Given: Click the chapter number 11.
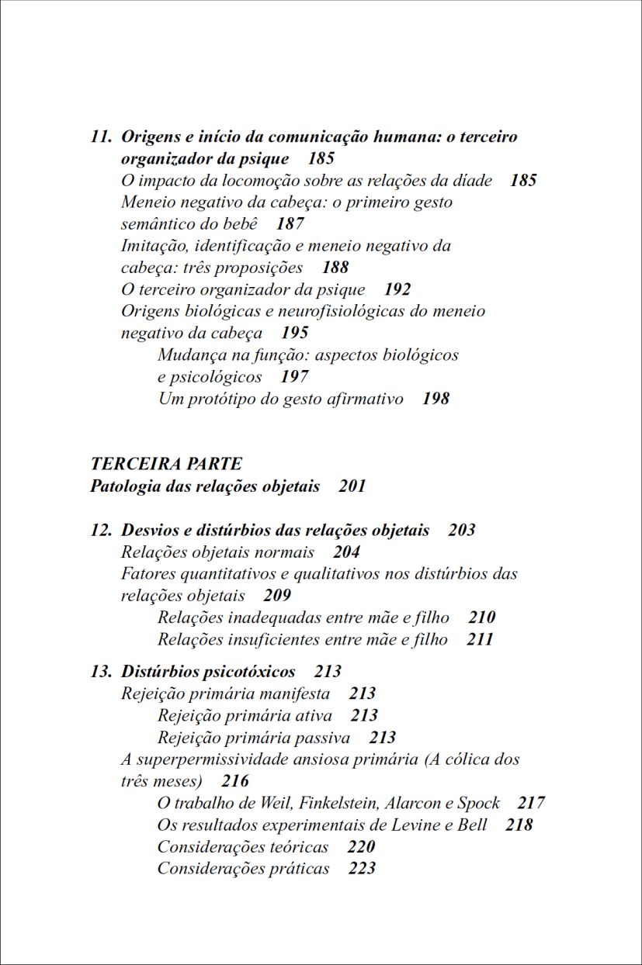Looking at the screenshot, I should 101,137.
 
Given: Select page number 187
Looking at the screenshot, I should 290,224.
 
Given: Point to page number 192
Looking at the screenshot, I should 397,289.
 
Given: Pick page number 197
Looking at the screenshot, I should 294,377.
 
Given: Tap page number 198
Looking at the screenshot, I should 436,399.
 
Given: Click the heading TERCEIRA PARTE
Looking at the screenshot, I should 166,464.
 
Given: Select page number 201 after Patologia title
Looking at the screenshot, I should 352,486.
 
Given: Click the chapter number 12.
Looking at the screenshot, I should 101,531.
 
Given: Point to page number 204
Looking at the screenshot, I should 346,552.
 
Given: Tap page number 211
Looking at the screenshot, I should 480,639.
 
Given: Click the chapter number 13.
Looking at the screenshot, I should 101,671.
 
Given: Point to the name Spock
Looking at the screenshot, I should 478,803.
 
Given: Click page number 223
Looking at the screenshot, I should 362,868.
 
